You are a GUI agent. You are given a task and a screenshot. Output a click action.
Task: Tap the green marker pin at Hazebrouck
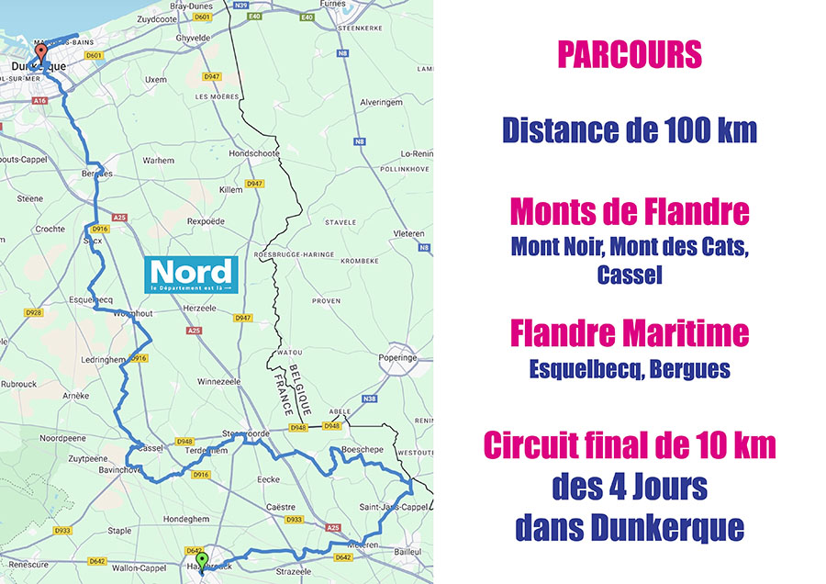pos(202,559)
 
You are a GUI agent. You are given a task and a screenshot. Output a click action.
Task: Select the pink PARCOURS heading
pos(630,55)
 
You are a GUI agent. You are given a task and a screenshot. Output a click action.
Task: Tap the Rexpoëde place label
pos(205,221)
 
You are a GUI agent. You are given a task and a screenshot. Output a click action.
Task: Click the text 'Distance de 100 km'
pos(630,130)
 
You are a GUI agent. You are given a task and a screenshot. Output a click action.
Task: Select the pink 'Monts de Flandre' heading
pos(630,212)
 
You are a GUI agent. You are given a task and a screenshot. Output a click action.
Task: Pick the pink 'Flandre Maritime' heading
pos(630,332)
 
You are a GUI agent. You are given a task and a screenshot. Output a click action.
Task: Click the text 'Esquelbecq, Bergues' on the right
pos(630,369)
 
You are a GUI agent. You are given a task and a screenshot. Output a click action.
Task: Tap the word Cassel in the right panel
pos(630,275)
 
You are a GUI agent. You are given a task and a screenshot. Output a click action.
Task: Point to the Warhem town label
pos(158,160)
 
